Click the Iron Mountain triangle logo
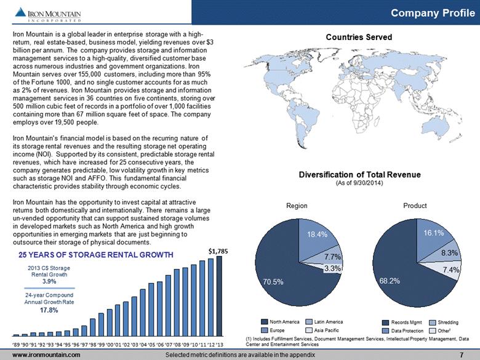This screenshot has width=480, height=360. [x=20, y=12]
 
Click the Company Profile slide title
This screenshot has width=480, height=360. [x=433, y=13]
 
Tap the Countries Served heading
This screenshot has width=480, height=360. [x=359, y=37]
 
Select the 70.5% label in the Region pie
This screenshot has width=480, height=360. [x=273, y=282]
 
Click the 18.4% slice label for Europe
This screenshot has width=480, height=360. [x=317, y=234]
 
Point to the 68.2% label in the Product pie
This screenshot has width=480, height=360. [x=390, y=281]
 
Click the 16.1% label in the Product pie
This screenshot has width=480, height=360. [x=433, y=233]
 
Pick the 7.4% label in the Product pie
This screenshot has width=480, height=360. [x=451, y=270]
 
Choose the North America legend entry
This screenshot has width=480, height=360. [x=280, y=322]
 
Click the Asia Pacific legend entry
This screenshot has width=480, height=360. [x=322, y=330]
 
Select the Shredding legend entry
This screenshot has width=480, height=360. [x=444, y=322]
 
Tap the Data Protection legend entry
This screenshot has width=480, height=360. [x=403, y=331]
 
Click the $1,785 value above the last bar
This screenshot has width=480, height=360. [x=218, y=251]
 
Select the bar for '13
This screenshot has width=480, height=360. [x=220, y=296]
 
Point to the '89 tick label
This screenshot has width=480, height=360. [x=16, y=345]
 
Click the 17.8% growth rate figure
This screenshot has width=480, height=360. [x=49, y=310]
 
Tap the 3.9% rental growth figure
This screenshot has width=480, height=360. [x=49, y=281]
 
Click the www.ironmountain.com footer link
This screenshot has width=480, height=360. [x=46, y=355]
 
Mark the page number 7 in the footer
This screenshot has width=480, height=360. [x=462, y=355]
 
